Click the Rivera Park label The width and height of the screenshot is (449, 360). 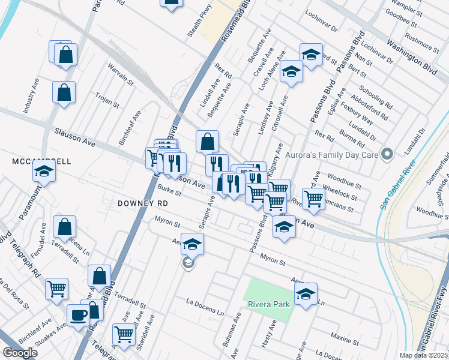(269, 304)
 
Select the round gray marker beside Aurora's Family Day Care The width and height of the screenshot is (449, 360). (387, 155)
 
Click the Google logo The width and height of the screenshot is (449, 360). (20, 353)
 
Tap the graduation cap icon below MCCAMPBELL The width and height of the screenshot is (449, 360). (43, 172)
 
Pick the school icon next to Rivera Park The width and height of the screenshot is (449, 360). (306, 294)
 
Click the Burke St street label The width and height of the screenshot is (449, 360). (169, 191)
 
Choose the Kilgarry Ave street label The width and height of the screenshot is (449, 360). (275, 159)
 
